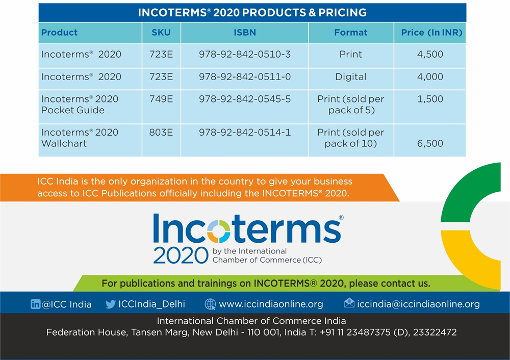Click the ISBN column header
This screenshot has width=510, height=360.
pos(245,33)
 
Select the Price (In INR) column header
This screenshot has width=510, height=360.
pos(431,33)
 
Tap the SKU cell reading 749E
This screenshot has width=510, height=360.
pos(161,99)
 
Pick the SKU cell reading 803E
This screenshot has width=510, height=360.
pos(161,133)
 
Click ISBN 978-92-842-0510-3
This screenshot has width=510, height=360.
pos(245,54)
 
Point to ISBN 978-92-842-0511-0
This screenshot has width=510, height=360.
pos(245,77)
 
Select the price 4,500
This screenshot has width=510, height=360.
pos(430,54)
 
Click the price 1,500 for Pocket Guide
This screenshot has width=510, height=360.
pos(430,99)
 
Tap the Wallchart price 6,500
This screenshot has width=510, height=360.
pos(430,143)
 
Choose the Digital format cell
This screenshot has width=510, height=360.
pos(351,77)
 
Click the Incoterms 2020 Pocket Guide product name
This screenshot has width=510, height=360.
pos(80,105)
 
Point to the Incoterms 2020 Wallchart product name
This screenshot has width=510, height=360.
pos(80,138)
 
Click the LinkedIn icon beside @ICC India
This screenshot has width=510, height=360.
pos(36,304)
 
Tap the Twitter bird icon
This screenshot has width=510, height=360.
pos(111,304)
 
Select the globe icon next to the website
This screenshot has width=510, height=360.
pos(210,304)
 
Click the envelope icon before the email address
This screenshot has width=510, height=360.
pos(349,303)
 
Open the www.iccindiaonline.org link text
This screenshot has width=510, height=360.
pos(271,304)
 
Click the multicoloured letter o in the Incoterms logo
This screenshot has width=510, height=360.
pos(219,231)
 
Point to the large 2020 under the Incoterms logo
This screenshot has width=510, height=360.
pos(181,255)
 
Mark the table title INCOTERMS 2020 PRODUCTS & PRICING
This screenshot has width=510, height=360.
pos(252,13)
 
